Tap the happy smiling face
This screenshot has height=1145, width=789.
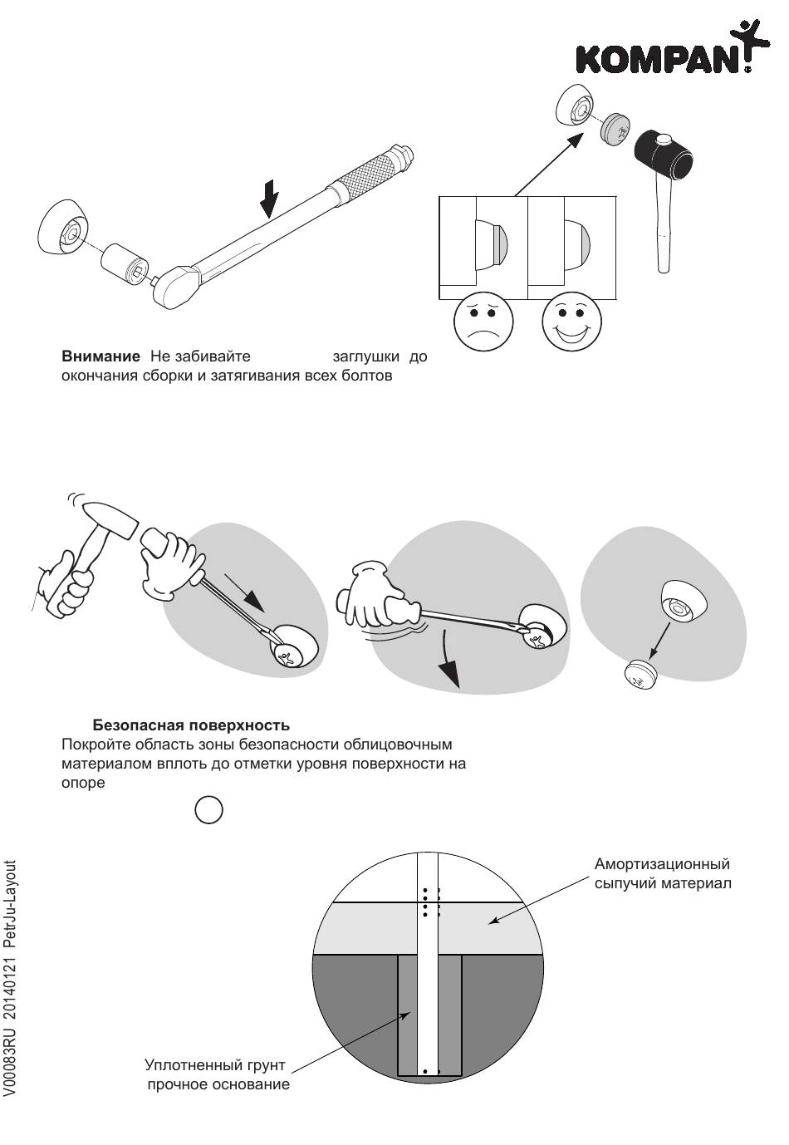coord(571,323)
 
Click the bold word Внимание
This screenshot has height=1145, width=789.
coord(100,357)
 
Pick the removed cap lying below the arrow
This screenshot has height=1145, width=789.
coord(640,674)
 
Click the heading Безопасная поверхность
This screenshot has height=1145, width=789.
coord(191,725)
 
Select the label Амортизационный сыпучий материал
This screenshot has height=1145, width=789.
coord(662,873)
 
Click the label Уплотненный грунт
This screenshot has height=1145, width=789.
coord(215,1065)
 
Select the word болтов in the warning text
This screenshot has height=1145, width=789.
coord(365,376)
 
